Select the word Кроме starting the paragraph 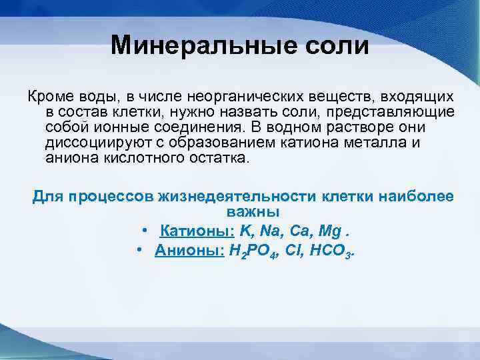[47, 97]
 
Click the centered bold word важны [253, 212]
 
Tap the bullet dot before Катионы [145, 231]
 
